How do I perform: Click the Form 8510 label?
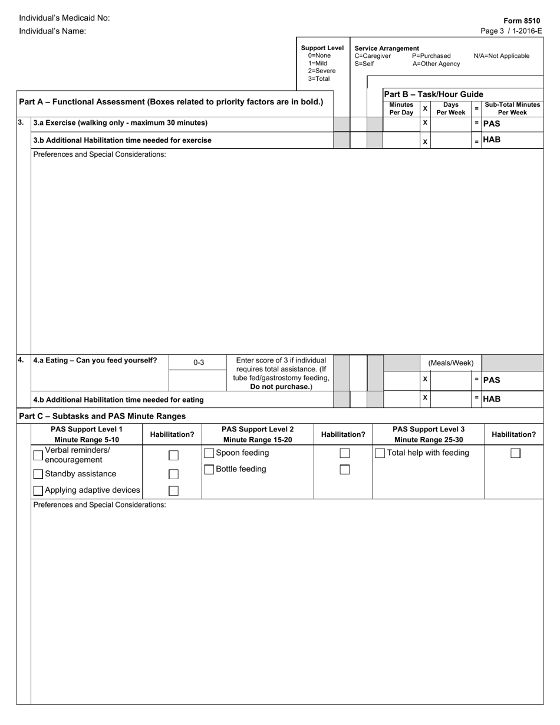tap(522, 21)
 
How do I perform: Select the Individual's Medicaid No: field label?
tap(64, 18)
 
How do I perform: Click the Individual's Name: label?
tap(52, 31)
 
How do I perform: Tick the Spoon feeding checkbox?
tap(209, 453)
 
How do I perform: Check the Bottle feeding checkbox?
tap(209, 470)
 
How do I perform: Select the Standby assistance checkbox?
tap(38, 474)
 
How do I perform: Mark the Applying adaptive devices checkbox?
tap(38, 490)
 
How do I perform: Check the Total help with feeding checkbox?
tap(380, 453)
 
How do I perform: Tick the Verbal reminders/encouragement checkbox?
tap(38, 455)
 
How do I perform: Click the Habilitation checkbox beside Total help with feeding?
tap(515, 453)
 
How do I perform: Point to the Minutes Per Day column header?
tap(401, 108)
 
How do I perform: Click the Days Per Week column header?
tap(451, 108)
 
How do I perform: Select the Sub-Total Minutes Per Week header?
tap(512, 108)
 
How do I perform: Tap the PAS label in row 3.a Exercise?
tap(492, 124)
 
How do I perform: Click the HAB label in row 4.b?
tap(492, 399)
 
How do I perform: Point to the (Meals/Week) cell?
tap(451, 363)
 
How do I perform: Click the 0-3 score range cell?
tap(199, 363)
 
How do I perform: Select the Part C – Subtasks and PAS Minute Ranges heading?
tap(103, 416)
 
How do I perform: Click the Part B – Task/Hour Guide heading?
tap(433, 94)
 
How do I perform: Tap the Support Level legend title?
tap(322, 48)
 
